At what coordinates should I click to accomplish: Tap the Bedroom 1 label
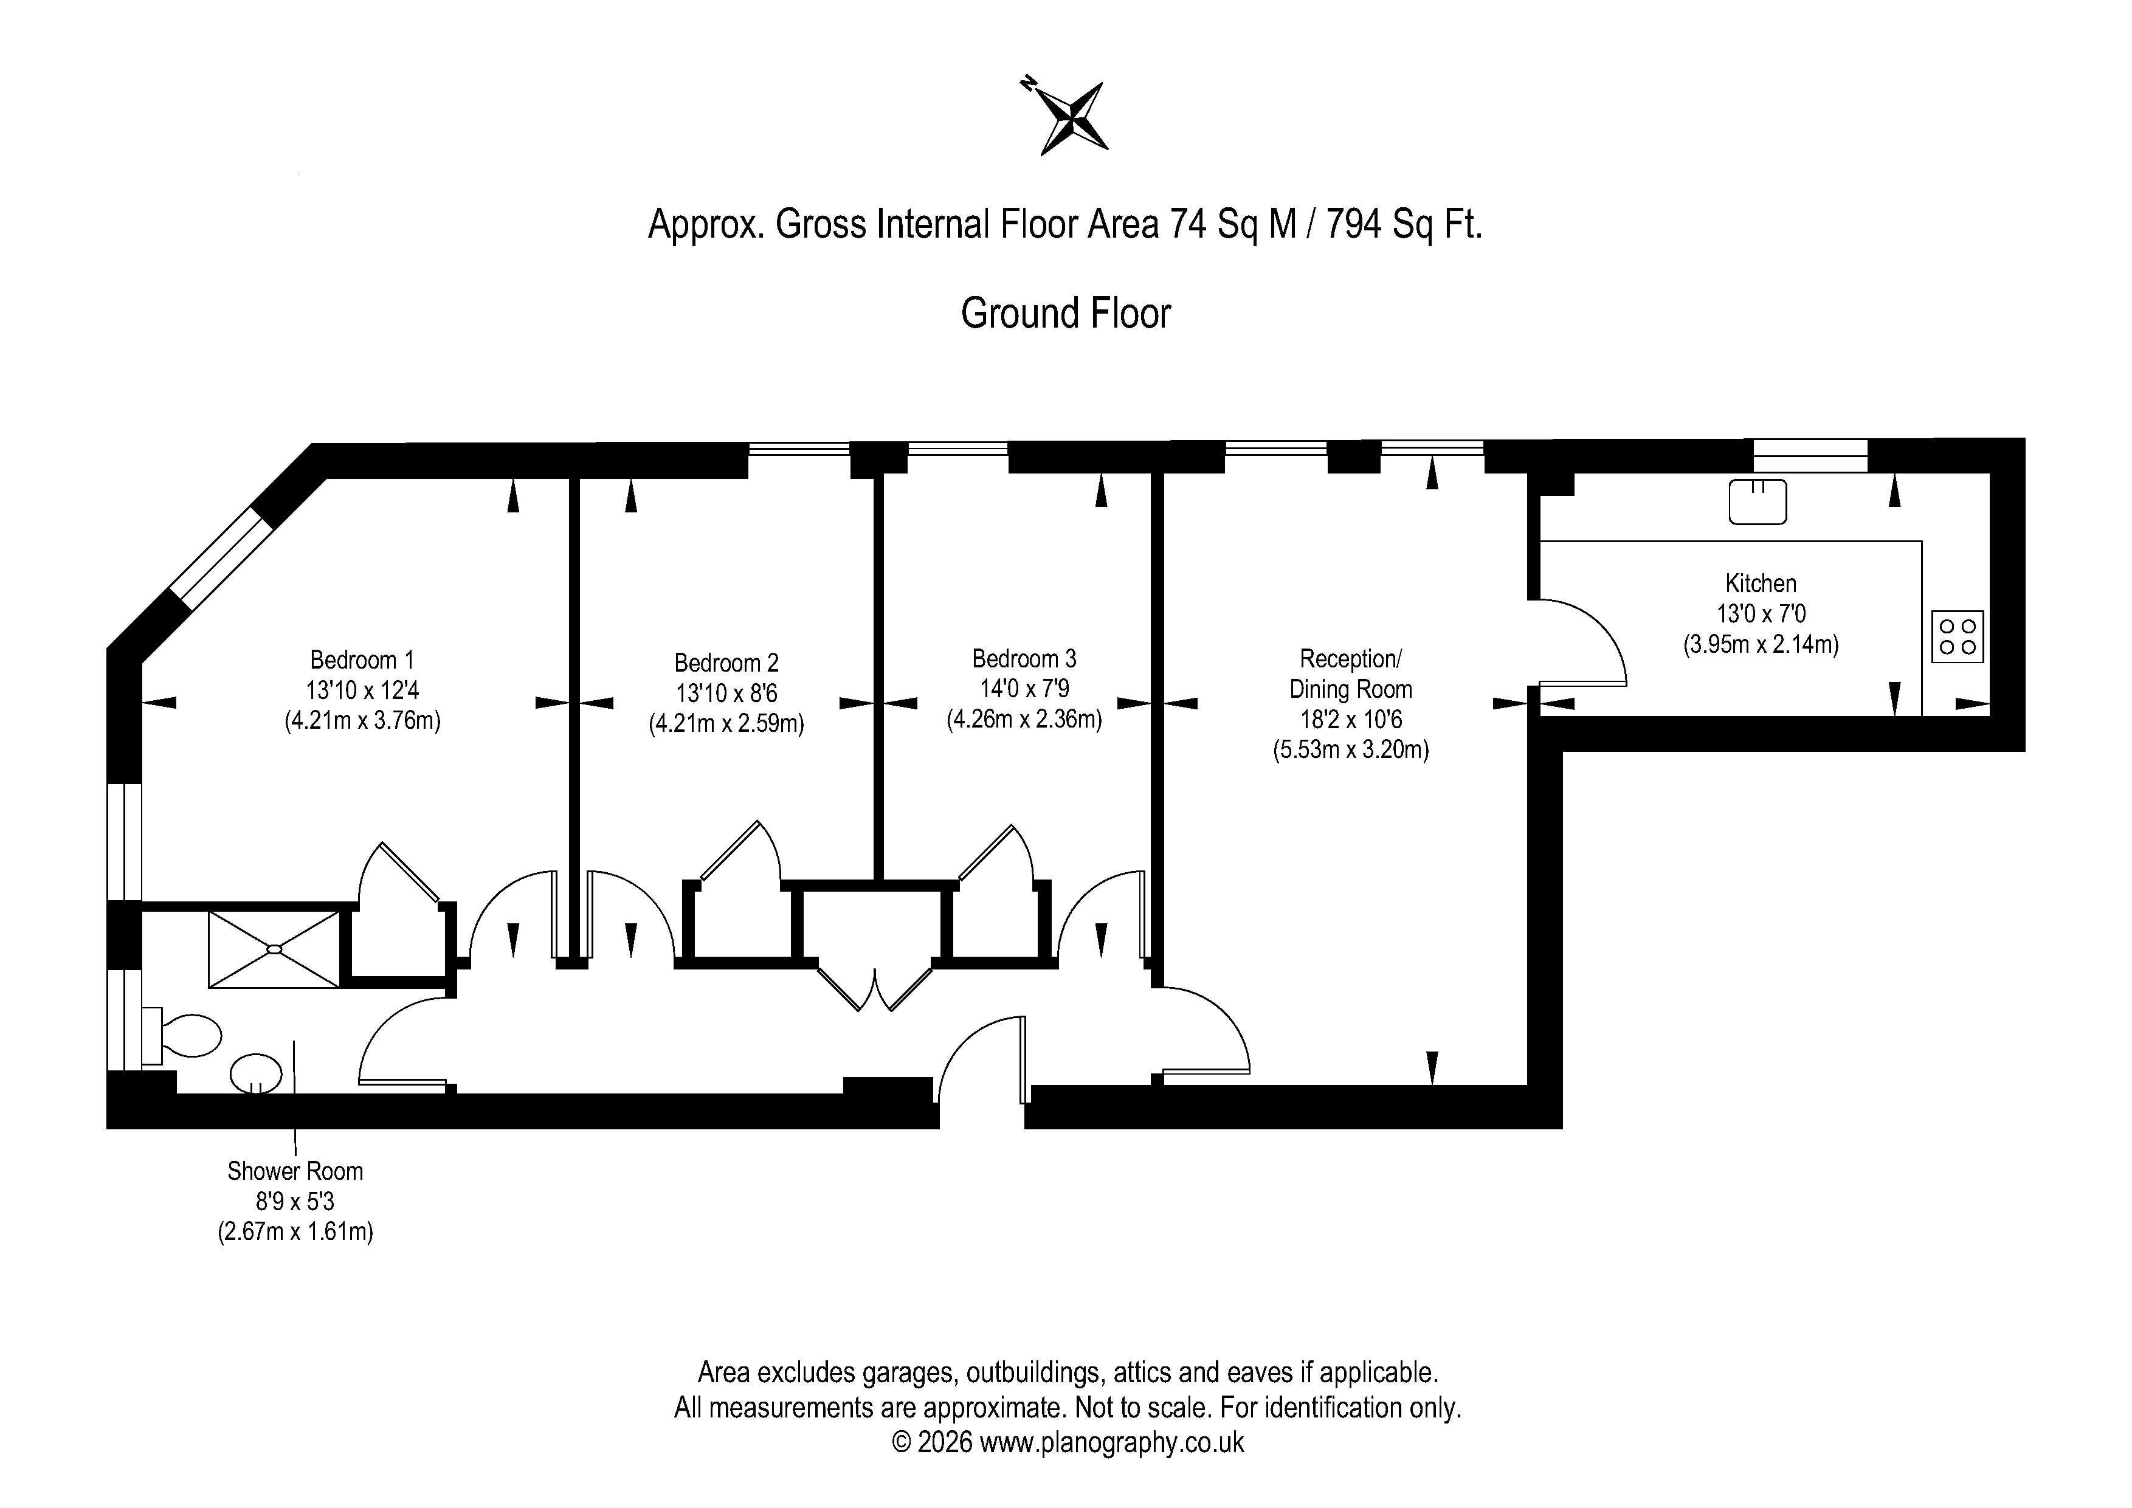(362, 660)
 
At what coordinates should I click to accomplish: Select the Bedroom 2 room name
(726, 663)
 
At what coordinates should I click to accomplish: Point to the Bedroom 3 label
(1024, 658)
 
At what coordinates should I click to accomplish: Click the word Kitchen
(1761, 583)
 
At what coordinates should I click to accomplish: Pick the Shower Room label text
(295, 1171)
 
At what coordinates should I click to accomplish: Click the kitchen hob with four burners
(1958, 636)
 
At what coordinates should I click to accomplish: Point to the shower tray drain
(275, 949)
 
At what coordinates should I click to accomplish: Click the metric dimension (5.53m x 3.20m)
(1350, 749)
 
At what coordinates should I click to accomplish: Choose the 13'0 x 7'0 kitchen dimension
(1761, 614)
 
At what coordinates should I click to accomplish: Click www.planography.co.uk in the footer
(1111, 1442)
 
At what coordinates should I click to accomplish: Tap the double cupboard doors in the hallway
(874, 987)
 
